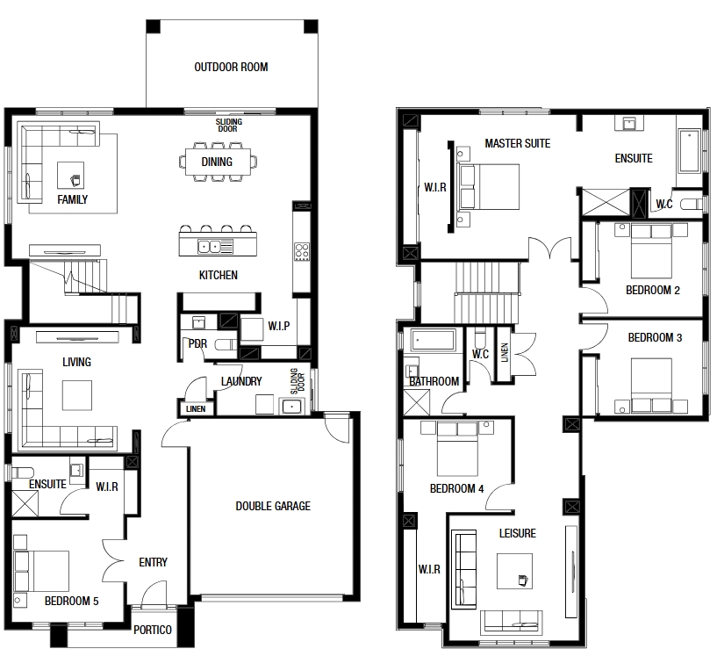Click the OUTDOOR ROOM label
click(231, 68)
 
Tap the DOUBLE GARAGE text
click(273, 506)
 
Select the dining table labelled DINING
click(218, 162)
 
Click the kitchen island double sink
click(210, 247)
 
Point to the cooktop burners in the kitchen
click(301, 252)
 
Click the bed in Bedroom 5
click(41, 571)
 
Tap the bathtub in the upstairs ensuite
click(689, 150)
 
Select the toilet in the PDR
click(225, 344)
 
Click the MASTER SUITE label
click(517, 144)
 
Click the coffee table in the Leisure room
click(514, 571)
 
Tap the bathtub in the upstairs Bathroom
click(433, 341)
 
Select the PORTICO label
click(153, 631)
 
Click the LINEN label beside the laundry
click(196, 409)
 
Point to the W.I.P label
click(279, 327)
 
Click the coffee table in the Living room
click(77, 395)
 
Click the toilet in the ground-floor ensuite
click(23, 472)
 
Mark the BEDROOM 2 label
click(653, 290)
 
